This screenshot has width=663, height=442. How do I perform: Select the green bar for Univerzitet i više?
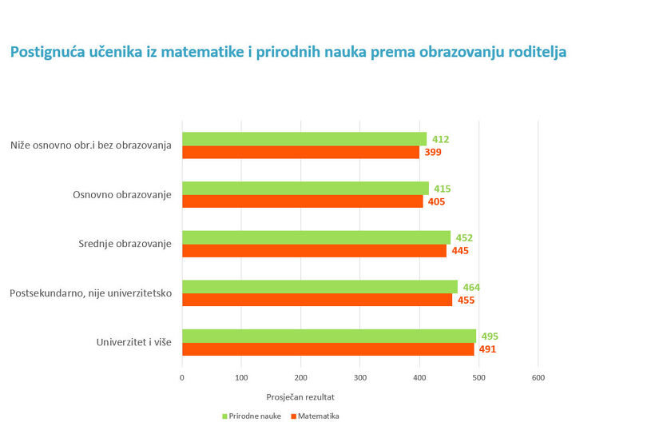point(328,336)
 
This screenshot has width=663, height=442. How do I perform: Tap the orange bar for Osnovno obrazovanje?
point(302,201)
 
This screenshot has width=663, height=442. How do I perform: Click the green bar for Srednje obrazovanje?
point(316,237)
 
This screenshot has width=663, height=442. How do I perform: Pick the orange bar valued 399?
point(300,152)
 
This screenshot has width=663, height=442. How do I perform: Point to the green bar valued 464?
point(320,286)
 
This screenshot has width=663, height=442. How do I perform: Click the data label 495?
point(490,336)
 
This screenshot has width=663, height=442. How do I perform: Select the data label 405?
point(436,201)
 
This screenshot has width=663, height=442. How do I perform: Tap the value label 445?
point(459,251)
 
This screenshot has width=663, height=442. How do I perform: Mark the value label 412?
point(440,139)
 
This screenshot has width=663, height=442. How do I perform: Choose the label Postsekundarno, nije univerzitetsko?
point(91,293)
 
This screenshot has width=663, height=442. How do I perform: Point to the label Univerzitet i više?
point(134,343)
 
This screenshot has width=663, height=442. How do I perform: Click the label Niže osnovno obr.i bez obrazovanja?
point(92,145)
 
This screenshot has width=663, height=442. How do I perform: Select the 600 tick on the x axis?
point(538,376)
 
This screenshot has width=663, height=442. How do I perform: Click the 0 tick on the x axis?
point(182,376)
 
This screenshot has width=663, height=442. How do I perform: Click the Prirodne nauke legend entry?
point(251,416)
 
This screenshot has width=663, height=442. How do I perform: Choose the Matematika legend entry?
point(315,416)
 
